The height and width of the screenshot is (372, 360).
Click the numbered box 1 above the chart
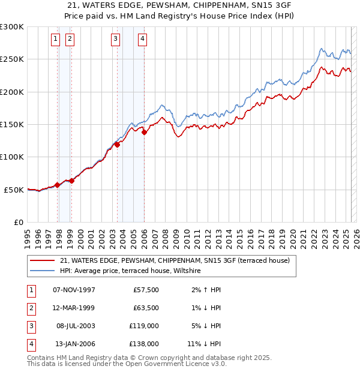click(x=55, y=40)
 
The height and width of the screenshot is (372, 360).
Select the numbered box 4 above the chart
click(x=142, y=40)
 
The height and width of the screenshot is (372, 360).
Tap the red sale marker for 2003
click(x=118, y=144)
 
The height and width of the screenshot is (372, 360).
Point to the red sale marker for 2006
click(x=144, y=133)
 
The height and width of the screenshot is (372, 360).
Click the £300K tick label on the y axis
click(x=12, y=27)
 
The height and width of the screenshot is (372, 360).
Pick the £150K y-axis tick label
click(x=12, y=125)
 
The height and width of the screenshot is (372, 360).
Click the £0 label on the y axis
click(x=17, y=222)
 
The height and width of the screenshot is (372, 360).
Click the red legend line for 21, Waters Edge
click(x=42, y=261)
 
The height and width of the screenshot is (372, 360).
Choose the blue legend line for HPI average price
click(x=42, y=271)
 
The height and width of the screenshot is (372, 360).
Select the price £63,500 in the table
click(x=146, y=308)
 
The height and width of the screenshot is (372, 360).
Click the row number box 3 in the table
click(x=31, y=326)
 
